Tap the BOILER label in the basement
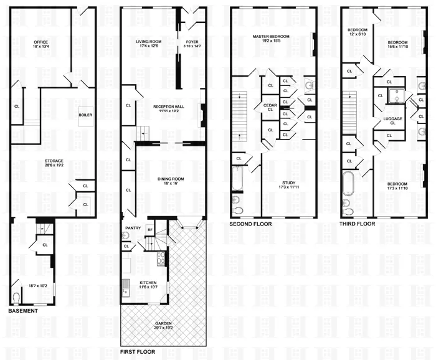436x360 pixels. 85,115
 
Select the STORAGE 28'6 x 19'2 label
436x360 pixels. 40,161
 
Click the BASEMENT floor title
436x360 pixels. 23,310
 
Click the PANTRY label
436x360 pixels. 133,228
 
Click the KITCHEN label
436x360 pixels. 148,283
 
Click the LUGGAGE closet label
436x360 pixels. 392,121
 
